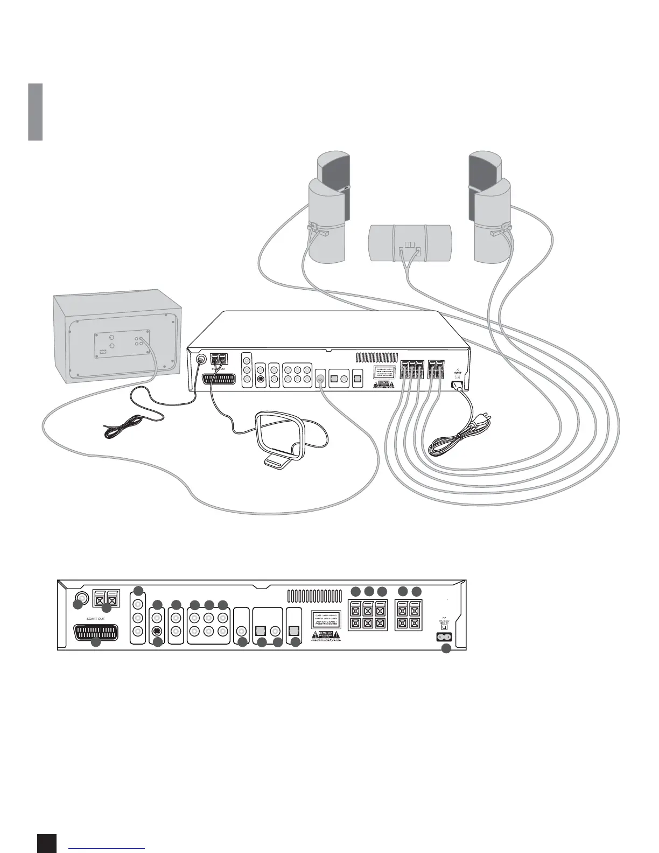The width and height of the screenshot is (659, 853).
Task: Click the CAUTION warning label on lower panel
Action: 325,633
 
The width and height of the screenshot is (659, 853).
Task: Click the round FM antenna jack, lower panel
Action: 81,597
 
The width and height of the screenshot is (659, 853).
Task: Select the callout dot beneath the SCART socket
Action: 96,642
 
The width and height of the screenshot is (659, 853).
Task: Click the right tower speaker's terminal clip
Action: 500,232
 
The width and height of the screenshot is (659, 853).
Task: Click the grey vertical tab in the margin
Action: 36,112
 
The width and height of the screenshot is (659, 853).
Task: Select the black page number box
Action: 47,843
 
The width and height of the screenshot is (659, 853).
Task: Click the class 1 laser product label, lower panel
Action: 325,617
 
